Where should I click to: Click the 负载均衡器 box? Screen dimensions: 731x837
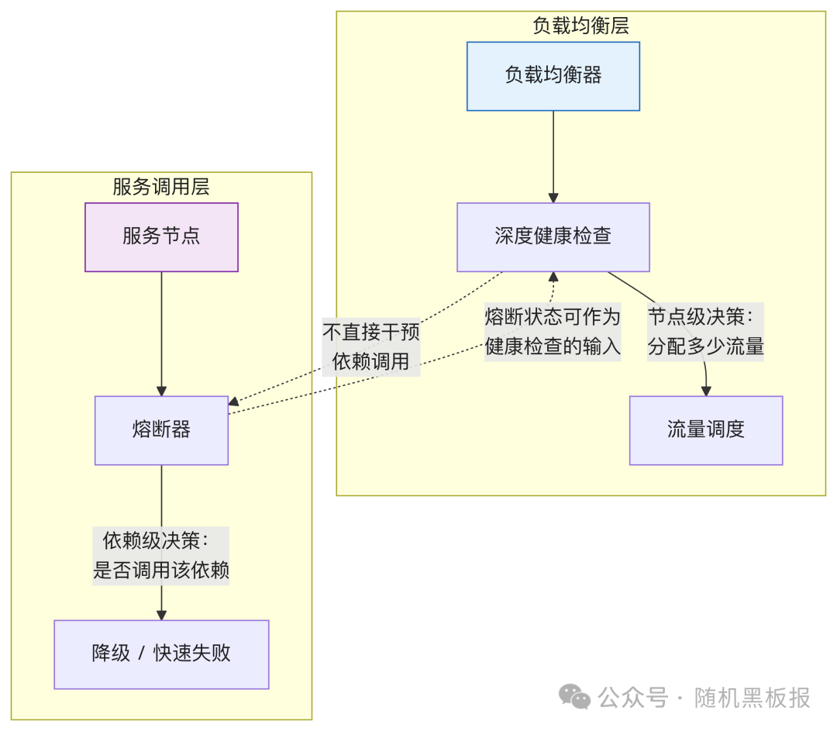[x=553, y=76]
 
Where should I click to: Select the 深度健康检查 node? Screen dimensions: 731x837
[x=553, y=237]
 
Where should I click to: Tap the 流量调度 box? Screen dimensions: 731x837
[x=705, y=430]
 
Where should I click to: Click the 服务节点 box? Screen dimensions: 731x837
[x=161, y=237]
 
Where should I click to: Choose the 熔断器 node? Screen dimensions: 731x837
[x=161, y=430]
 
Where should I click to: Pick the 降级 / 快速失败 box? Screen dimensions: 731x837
[x=161, y=653]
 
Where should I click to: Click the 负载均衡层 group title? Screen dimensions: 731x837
[x=580, y=26]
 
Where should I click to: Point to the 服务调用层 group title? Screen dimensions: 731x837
[x=161, y=187]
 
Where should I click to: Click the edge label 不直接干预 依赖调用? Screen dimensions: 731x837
[x=371, y=347]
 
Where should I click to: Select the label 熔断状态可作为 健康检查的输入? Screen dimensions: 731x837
[x=553, y=331]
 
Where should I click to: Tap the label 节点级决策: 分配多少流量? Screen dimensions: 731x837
[x=705, y=331]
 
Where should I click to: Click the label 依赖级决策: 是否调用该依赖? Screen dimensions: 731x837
[x=161, y=556]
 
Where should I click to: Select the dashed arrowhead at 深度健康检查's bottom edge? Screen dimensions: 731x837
[x=553, y=278]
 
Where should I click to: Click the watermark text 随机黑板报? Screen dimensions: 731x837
[x=753, y=698]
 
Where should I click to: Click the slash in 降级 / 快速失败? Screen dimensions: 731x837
[x=141, y=654]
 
